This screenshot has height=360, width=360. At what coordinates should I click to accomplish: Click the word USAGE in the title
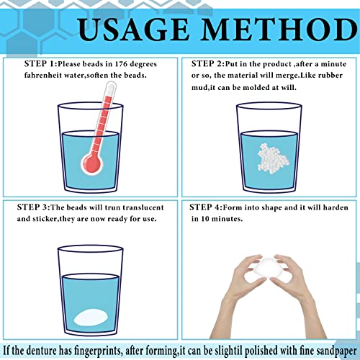[x=133, y=30]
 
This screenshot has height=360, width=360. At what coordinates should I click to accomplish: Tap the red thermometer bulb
[x=92, y=163]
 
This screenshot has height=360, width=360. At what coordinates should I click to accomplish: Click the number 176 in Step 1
[x=121, y=64]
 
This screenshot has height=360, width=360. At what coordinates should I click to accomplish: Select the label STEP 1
[x=40, y=64]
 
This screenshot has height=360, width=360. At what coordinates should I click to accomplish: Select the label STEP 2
[x=207, y=64]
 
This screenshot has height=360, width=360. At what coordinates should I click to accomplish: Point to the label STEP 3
[x=32, y=207]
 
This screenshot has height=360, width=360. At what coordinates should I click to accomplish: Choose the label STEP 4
[x=204, y=207]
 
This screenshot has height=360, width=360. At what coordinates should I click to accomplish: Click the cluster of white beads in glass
[x=273, y=158]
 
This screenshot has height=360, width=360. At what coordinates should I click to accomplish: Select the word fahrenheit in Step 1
[x=40, y=76]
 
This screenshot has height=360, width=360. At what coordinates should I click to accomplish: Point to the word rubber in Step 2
[x=330, y=76]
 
